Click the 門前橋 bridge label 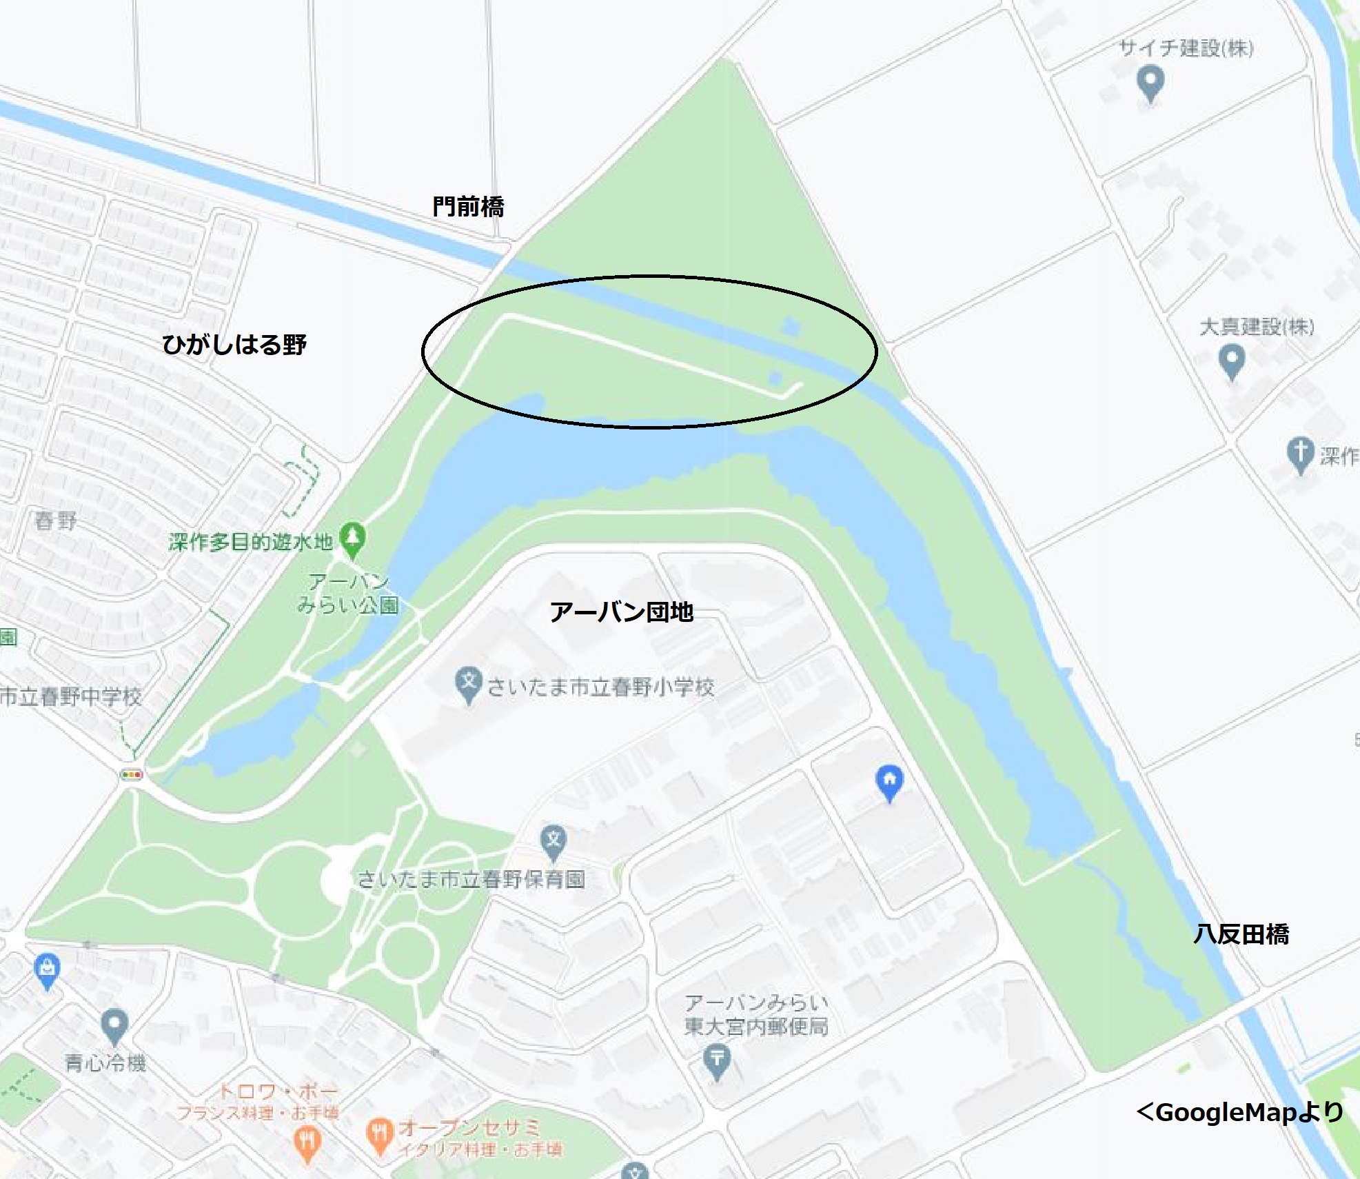coord(468,206)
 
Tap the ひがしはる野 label coord(234,344)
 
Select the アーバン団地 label coord(621,612)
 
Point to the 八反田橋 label coord(1241,934)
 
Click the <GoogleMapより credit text coord(1240,1111)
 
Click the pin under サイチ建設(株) coord(1150,81)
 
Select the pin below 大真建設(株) coord(1232,360)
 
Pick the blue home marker coord(889,781)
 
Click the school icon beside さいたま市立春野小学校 coord(468,683)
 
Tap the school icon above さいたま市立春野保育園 coord(554,841)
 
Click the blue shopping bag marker coord(47,969)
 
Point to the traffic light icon coord(132,775)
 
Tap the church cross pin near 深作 coord(1300,453)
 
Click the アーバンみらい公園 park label coord(348,594)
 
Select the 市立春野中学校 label coord(70,696)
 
